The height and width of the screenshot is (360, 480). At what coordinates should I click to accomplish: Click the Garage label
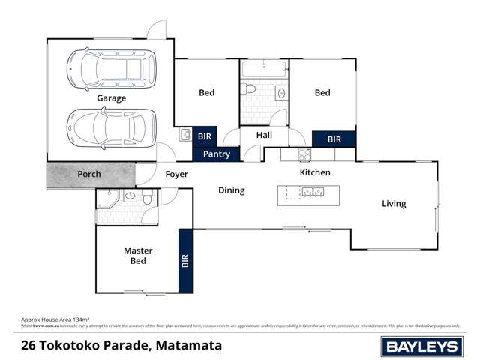point(111,98)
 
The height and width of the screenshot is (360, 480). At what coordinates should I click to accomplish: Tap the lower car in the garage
point(112,128)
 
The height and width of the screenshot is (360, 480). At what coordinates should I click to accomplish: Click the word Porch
point(89,175)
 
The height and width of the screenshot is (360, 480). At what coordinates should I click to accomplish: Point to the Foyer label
point(176,175)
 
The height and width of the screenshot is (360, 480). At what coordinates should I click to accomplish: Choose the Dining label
point(232,190)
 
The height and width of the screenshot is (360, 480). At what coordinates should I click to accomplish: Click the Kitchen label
point(315,173)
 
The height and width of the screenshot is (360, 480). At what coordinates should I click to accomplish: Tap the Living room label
point(394,203)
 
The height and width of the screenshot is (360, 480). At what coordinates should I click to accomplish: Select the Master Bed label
point(138,256)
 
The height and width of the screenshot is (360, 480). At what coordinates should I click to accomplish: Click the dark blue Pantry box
point(217,154)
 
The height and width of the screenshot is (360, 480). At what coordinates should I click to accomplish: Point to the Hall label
point(264,136)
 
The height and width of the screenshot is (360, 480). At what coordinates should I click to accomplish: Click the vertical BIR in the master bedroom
point(185,261)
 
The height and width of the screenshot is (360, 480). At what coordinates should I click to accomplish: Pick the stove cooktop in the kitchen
point(304,154)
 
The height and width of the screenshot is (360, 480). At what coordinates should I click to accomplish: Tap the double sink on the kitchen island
point(312,193)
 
